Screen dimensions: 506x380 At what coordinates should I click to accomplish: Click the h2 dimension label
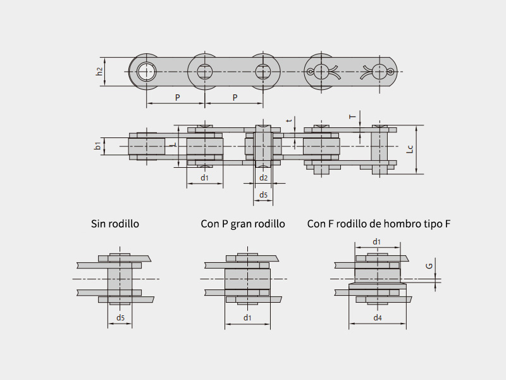100,72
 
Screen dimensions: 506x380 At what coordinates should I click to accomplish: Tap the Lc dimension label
409,149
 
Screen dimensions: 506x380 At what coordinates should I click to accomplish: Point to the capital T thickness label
353,117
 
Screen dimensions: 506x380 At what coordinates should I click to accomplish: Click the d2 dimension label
264,177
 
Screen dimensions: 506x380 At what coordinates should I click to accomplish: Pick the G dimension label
429,266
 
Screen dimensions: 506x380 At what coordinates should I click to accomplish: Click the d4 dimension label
378,318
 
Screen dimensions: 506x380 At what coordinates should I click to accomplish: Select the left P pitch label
178,98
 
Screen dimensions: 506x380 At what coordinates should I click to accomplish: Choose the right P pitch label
235,98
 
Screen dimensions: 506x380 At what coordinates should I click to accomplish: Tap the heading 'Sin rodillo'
115,224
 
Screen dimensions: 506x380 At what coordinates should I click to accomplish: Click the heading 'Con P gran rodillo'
243,224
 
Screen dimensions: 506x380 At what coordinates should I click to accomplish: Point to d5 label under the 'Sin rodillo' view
120,318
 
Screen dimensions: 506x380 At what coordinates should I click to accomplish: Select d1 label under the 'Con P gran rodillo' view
247,318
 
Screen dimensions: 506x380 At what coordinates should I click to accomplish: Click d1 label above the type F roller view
377,241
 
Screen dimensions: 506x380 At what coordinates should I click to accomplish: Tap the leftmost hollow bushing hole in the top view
147,72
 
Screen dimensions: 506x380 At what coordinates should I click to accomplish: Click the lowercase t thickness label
289,120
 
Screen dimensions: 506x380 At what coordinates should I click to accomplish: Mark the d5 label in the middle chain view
264,194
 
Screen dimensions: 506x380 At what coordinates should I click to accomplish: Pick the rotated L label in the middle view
174,145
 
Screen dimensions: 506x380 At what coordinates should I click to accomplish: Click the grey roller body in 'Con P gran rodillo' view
247,279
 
